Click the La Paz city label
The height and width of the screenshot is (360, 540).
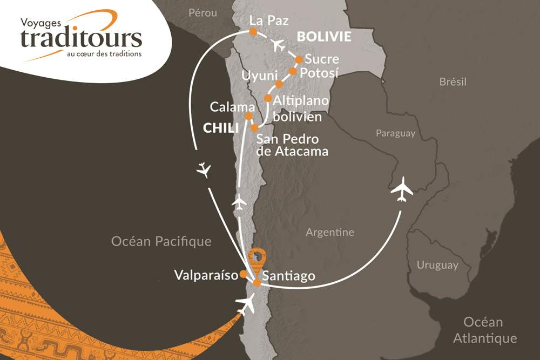pyautogui.click(x=269, y=21)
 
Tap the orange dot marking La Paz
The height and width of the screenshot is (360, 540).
pyautogui.click(x=252, y=32)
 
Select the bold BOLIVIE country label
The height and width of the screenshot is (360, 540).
pyautogui.click(x=324, y=37)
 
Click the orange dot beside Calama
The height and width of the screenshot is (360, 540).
pyautogui.click(x=248, y=116)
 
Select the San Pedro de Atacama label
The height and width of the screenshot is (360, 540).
pyautogui.click(x=292, y=145)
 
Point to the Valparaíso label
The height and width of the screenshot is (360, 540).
pyautogui.click(x=206, y=275)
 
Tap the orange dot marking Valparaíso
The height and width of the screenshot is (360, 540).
pyautogui.click(x=243, y=274)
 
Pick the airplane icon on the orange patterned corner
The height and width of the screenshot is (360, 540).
pyautogui.click(x=245, y=305)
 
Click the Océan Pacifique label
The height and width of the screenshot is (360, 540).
pyautogui.click(x=161, y=241)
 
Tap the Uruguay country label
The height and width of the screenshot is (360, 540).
pyautogui.click(x=437, y=265)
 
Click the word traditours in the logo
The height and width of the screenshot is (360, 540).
pyautogui.click(x=81, y=38)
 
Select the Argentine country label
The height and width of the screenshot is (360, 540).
pyautogui.click(x=329, y=233)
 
